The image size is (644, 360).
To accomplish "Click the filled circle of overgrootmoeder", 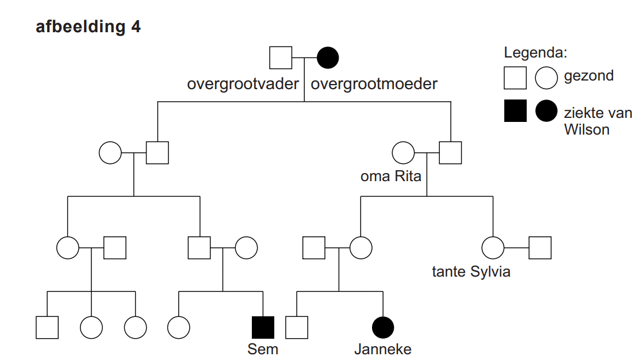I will [328, 58].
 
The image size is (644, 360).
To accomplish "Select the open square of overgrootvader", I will [282, 58].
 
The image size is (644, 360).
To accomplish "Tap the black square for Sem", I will [263, 327].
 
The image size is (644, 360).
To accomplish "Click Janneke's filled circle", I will [383, 327].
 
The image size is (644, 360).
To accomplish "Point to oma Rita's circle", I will [403, 153].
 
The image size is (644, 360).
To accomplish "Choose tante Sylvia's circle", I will [493, 248].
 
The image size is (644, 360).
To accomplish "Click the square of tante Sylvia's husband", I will [540, 248].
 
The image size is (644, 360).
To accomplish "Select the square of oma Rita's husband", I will [450, 153].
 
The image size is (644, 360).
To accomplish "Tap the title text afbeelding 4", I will [88, 27].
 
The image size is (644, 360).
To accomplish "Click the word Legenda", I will [535, 53].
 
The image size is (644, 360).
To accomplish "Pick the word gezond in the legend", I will [589, 75].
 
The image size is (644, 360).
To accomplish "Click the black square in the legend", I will [515, 111].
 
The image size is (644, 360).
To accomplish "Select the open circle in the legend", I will [546, 78].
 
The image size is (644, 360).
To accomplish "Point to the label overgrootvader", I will [243, 84].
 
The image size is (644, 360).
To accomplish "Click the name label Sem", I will [263, 348].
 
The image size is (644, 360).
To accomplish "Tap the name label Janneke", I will [383, 348].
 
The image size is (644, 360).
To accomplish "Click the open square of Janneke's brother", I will [297, 327].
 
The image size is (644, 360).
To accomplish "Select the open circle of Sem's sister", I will [179, 327].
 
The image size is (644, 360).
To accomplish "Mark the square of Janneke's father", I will [314, 248].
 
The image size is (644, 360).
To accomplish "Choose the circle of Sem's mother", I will [246, 248].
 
